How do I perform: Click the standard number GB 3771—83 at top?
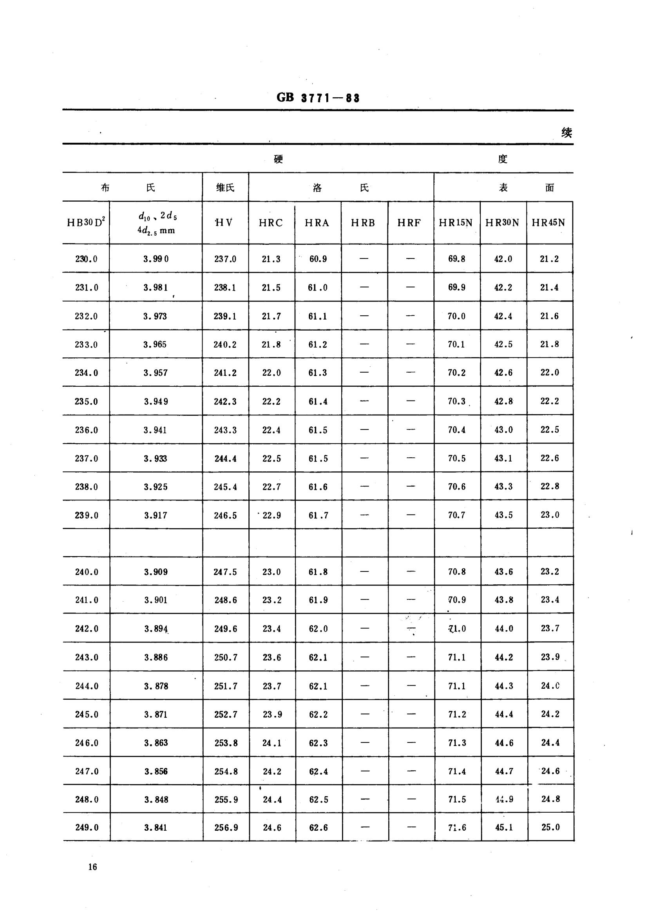(318, 98)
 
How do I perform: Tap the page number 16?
(92, 866)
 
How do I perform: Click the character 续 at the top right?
(567, 133)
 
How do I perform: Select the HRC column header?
(271, 223)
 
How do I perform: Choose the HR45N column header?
(548, 223)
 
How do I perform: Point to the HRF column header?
(409, 223)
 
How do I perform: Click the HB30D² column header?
(86, 223)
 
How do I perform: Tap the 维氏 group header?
(225, 188)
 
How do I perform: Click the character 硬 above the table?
(279, 159)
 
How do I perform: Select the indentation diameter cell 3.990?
(156, 259)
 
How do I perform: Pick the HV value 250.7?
(226, 657)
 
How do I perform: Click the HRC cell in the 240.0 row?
(272, 572)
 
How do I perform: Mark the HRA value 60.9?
(318, 259)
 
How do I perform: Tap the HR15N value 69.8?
(456, 259)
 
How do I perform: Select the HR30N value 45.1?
(503, 828)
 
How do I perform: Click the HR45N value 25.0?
(550, 827)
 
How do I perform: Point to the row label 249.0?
(87, 828)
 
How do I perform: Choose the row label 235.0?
(86, 401)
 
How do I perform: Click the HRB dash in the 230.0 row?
(364, 259)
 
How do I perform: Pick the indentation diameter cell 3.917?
(156, 515)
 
